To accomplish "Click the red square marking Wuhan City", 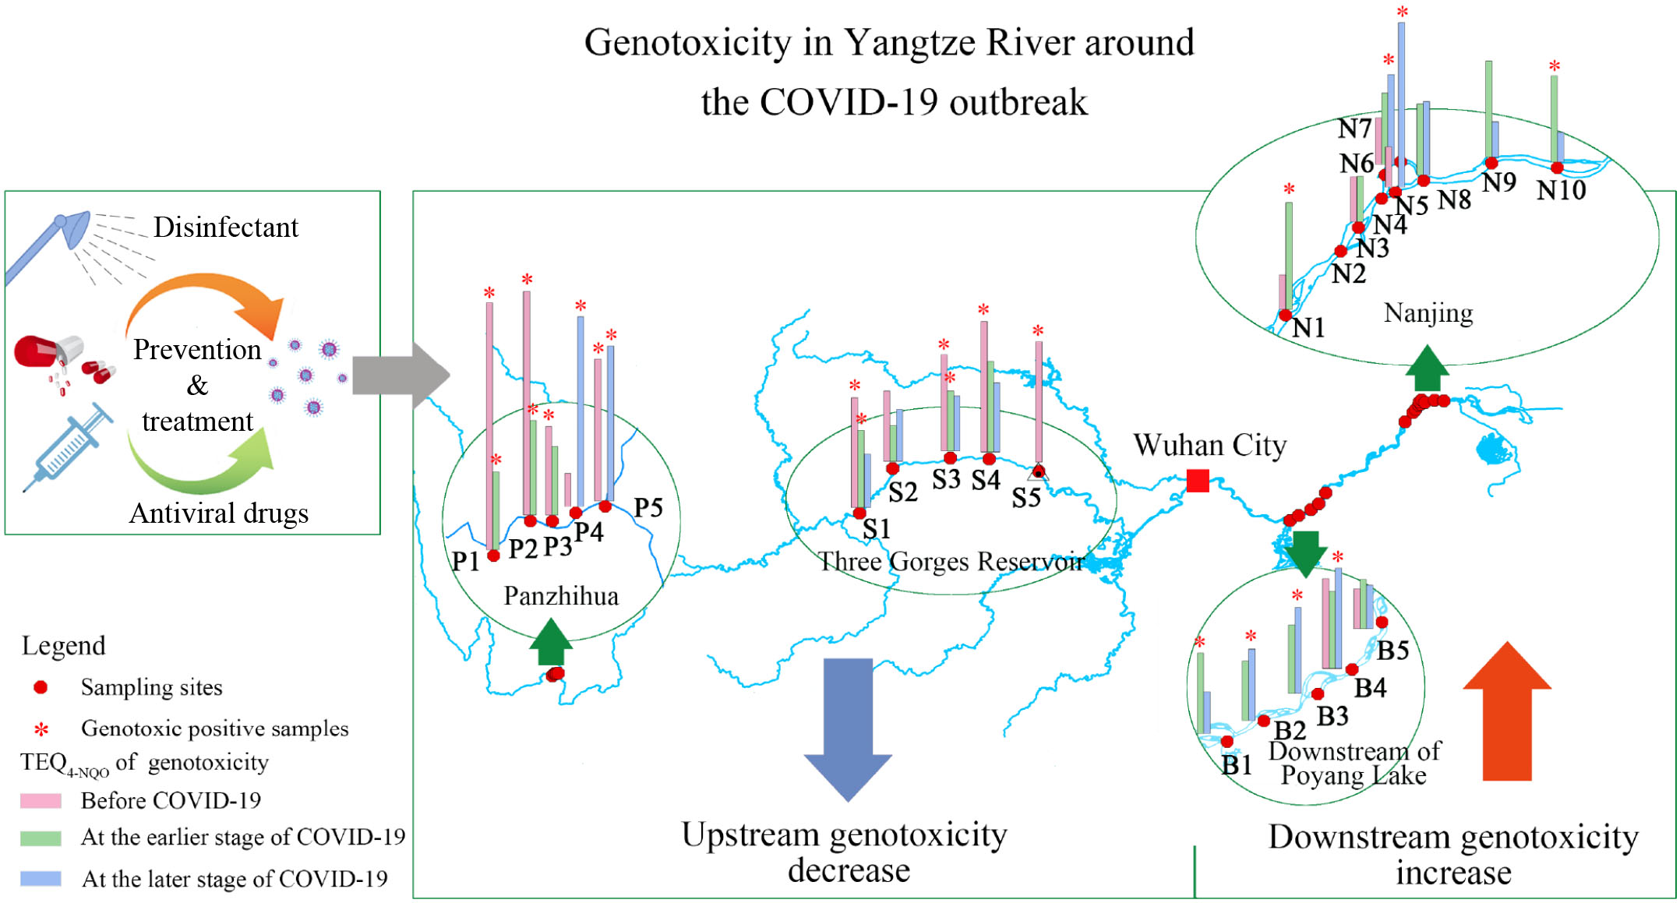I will (1198, 481).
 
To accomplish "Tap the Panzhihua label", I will (561, 596).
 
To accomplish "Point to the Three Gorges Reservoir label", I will (951, 562).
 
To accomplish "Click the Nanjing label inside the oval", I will (1428, 313).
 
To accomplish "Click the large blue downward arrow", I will (848, 728).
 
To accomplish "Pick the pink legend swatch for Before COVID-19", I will (41, 801).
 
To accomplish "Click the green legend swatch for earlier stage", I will (41, 838).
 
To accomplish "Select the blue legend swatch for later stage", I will (41, 879).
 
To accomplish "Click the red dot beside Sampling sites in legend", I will (41, 687).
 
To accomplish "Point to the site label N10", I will (1561, 190).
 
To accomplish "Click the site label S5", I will (1026, 498).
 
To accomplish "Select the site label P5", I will (648, 508).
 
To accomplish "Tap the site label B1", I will (1237, 765).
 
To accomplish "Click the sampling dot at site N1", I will (1285, 316).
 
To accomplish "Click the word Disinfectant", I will (226, 228).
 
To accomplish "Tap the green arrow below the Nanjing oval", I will (1427, 369).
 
